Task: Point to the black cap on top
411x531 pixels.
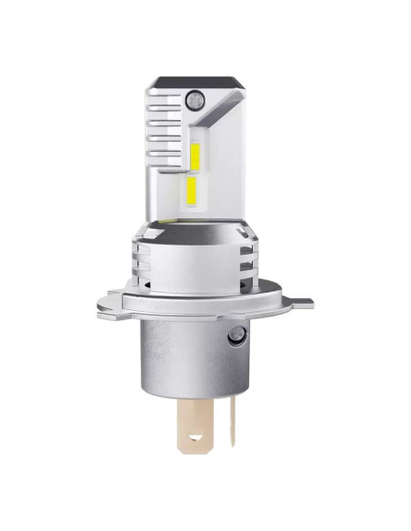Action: click(x=198, y=81)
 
